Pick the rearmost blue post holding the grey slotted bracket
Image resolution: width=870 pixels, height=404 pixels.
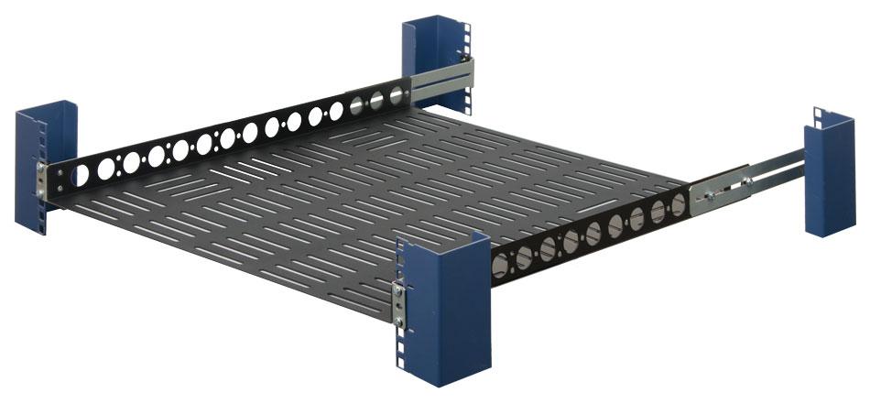[x=430, y=50]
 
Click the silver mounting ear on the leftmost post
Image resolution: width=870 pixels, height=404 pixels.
[x=42, y=180]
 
